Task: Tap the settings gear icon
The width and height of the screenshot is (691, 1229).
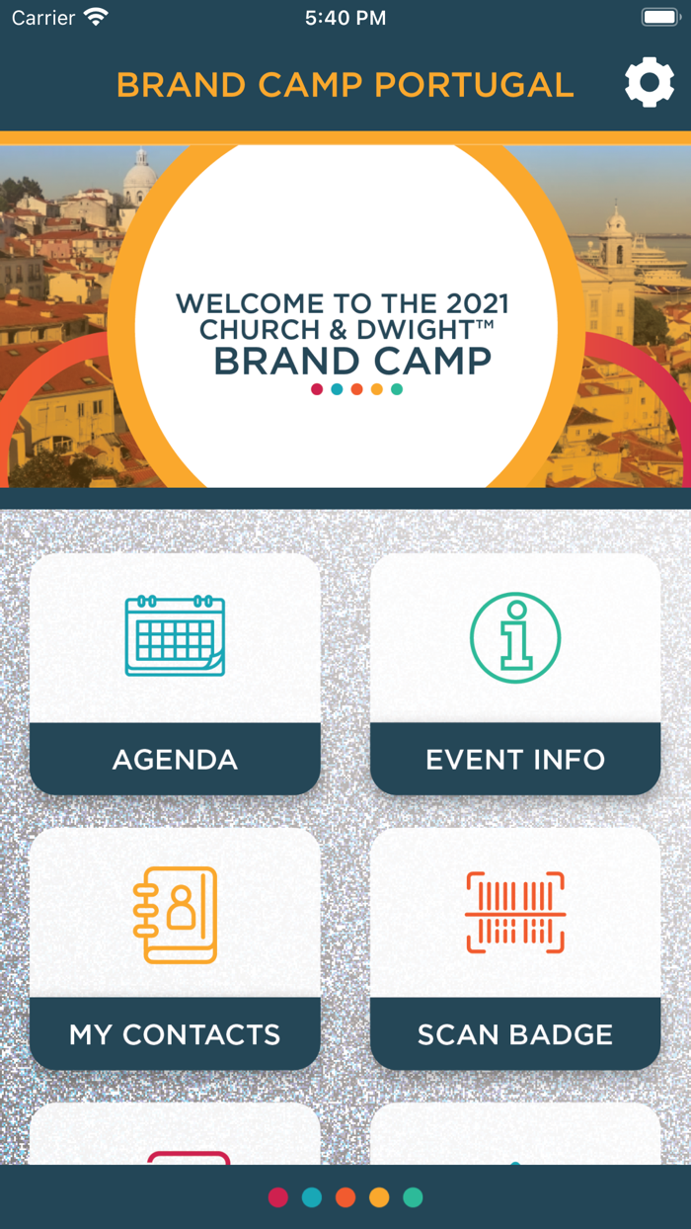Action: click(x=650, y=84)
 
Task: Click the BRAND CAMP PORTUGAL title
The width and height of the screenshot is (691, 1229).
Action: click(x=345, y=85)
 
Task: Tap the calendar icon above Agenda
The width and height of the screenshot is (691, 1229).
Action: click(x=175, y=636)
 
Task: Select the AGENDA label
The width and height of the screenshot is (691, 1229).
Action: click(x=175, y=760)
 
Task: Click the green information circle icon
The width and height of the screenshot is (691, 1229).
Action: click(x=515, y=637)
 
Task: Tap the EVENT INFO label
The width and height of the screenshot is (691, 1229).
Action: click(x=515, y=760)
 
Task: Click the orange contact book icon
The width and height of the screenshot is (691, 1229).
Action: click(x=175, y=914)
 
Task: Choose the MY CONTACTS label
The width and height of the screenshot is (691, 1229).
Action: click(x=175, y=1034)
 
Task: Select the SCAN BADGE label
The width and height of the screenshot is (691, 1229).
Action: click(x=515, y=1034)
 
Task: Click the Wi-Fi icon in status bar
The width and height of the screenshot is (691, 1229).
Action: click(x=96, y=17)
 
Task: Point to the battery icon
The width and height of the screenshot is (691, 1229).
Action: click(x=659, y=17)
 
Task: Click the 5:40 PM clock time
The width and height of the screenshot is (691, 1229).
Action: click(x=345, y=18)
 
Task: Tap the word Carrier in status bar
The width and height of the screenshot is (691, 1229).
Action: click(x=43, y=18)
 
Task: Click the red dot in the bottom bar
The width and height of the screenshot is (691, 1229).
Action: click(x=278, y=1197)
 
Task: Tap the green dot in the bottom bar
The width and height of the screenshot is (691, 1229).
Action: click(x=413, y=1197)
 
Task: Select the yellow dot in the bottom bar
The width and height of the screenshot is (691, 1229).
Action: click(x=379, y=1197)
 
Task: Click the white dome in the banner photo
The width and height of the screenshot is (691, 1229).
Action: click(x=140, y=178)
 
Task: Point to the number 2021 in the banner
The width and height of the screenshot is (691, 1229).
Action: click(x=469, y=303)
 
